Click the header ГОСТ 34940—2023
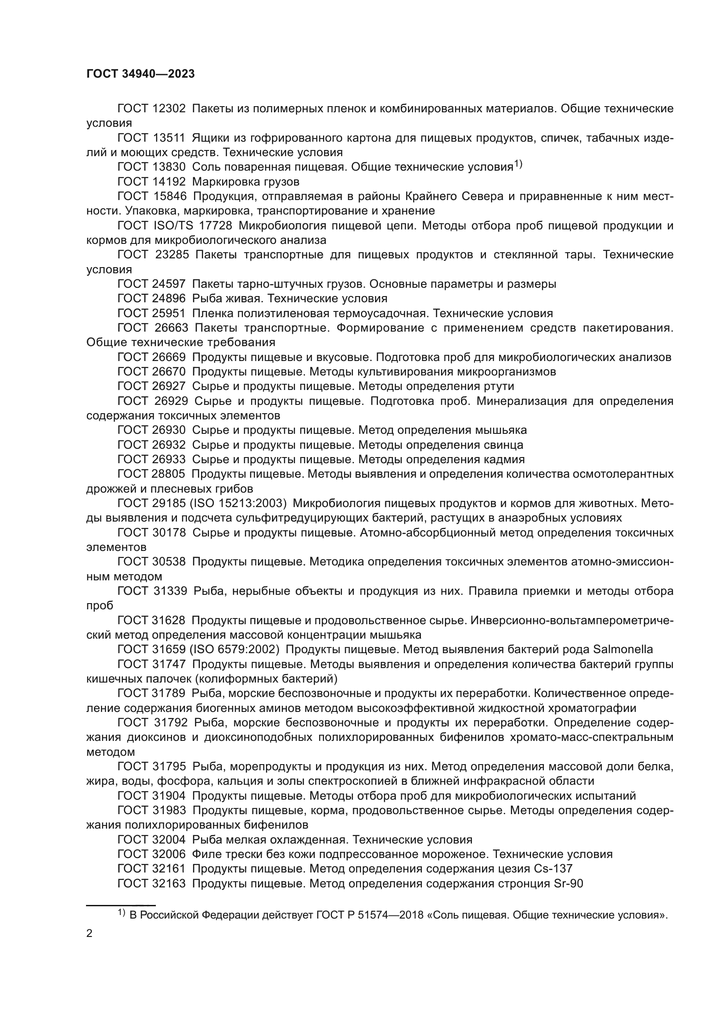(x=140, y=74)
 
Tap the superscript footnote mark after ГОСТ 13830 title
(x=518, y=164)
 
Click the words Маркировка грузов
(x=246, y=182)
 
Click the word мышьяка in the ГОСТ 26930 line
(x=501, y=430)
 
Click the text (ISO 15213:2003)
(x=238, y=504)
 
